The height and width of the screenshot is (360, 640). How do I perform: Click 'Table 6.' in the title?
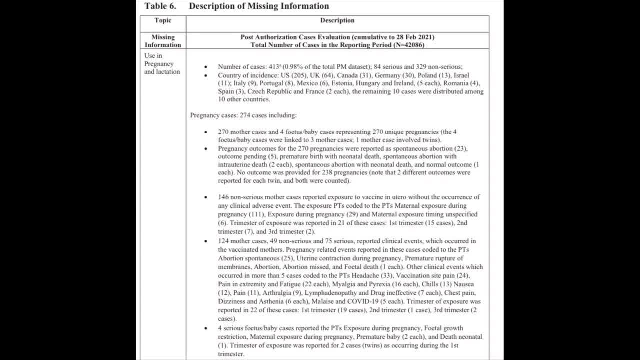[160, 6]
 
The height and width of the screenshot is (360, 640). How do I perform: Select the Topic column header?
[163, 20]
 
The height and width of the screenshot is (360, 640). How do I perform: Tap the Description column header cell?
[337, 20]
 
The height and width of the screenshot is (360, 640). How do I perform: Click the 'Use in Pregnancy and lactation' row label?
[162, 64]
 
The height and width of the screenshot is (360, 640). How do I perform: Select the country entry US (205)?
[294, 75]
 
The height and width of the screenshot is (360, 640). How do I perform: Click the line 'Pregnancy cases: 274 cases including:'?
[243, 115]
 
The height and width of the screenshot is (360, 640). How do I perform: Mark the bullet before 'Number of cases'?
[206, 67]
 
